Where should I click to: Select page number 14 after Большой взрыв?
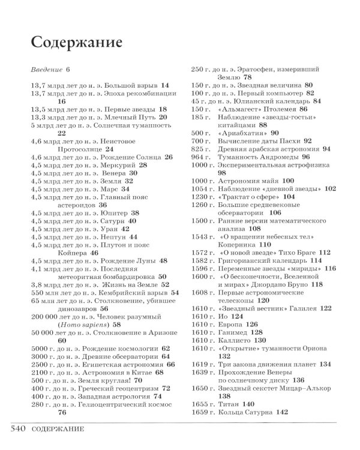(166, 86)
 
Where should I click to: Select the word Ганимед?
(239, 331)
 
